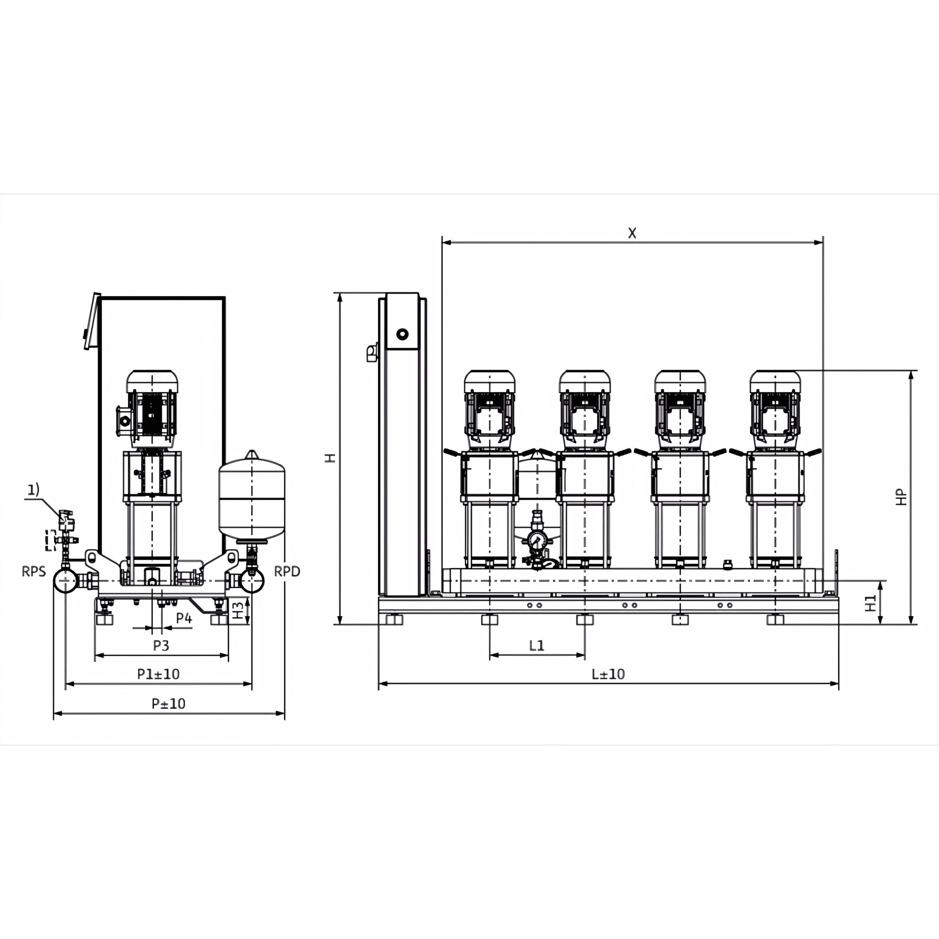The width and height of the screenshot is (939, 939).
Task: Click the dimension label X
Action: click(632, 233)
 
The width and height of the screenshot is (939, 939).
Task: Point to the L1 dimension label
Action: click(536, 645)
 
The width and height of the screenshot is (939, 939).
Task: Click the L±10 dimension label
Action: click(608, 674)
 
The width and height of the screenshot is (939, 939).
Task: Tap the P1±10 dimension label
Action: click(158, 674)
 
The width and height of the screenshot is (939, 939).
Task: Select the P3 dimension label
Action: click(161, 645)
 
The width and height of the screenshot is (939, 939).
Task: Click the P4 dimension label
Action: click(184, 618)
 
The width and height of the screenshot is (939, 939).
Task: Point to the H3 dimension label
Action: click(237, 610)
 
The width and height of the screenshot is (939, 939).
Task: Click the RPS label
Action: click(34, 571)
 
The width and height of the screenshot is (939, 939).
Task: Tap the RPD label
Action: click(287, 571)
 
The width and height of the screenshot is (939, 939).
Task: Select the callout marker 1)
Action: click(33, 490)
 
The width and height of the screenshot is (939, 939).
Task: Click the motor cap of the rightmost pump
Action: click(775, 381)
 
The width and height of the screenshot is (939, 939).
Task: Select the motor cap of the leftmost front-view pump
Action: click(489, 381)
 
